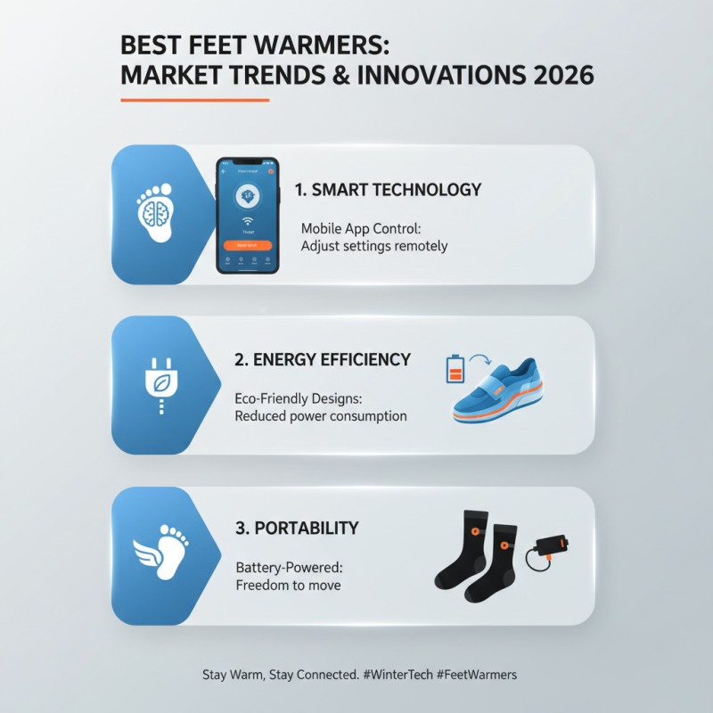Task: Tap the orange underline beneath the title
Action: (194, 100)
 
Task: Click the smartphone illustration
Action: (248, 216)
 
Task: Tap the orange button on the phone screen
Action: (248, 243)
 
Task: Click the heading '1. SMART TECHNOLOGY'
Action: (388, 190)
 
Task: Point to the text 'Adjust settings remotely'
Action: (373, 246)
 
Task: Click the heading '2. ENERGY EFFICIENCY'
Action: (323, 359)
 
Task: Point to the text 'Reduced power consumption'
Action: (321, 416)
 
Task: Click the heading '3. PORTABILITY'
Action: (297, 529)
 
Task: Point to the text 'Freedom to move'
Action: (288, 586)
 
